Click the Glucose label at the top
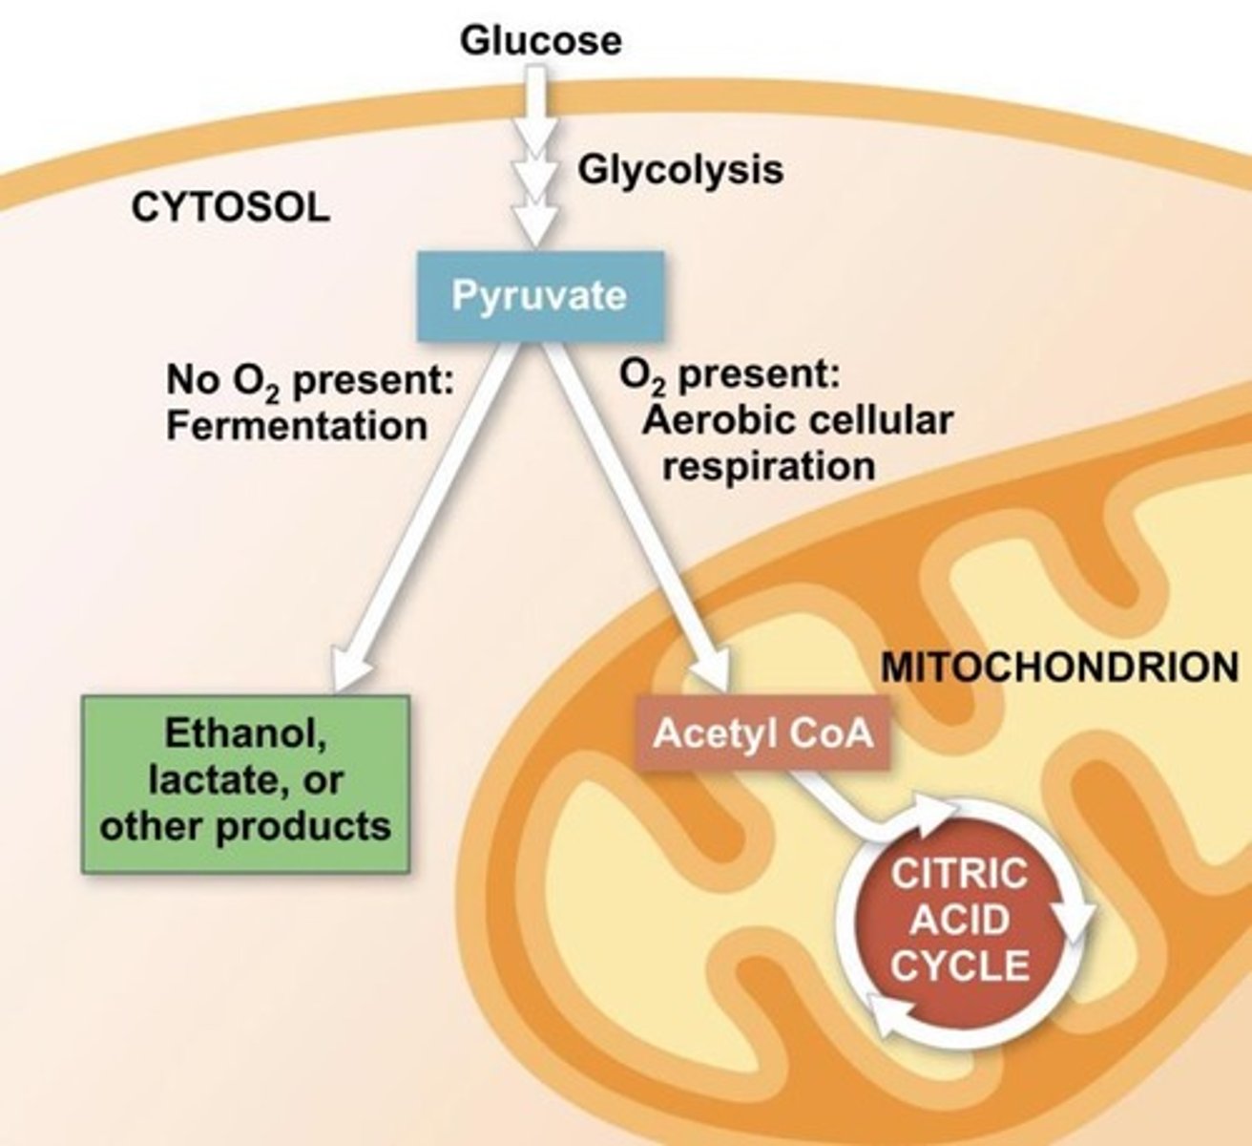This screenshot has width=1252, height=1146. (x=540, y=40)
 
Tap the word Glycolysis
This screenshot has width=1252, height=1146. (x=680, y=170)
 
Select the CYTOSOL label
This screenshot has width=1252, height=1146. (x=230, y=207)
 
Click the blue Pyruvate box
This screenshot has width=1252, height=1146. (x=539, y=295)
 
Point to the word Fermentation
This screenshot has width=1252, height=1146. (x=296, y=426)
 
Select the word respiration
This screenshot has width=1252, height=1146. (x=769, y=467)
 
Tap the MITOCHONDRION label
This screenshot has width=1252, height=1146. (x=1059, y=667)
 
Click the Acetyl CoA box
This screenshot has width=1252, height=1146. (x=762, y=733)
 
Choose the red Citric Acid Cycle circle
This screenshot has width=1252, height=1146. (x=959, y=922)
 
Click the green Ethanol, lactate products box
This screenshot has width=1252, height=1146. (x=246, y=783)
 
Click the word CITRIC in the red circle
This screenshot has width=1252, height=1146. (x=959, y=875)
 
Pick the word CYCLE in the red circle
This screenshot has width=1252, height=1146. (x=959, y=966)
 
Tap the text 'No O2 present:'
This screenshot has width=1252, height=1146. (x=309, y=381)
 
